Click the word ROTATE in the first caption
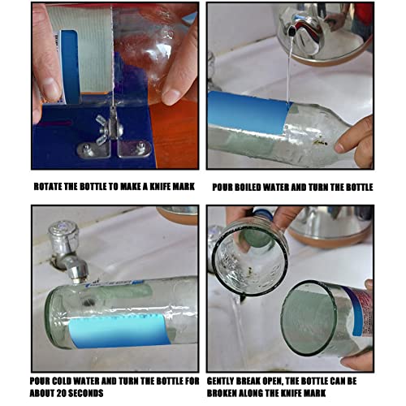(x=51, y=187)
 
